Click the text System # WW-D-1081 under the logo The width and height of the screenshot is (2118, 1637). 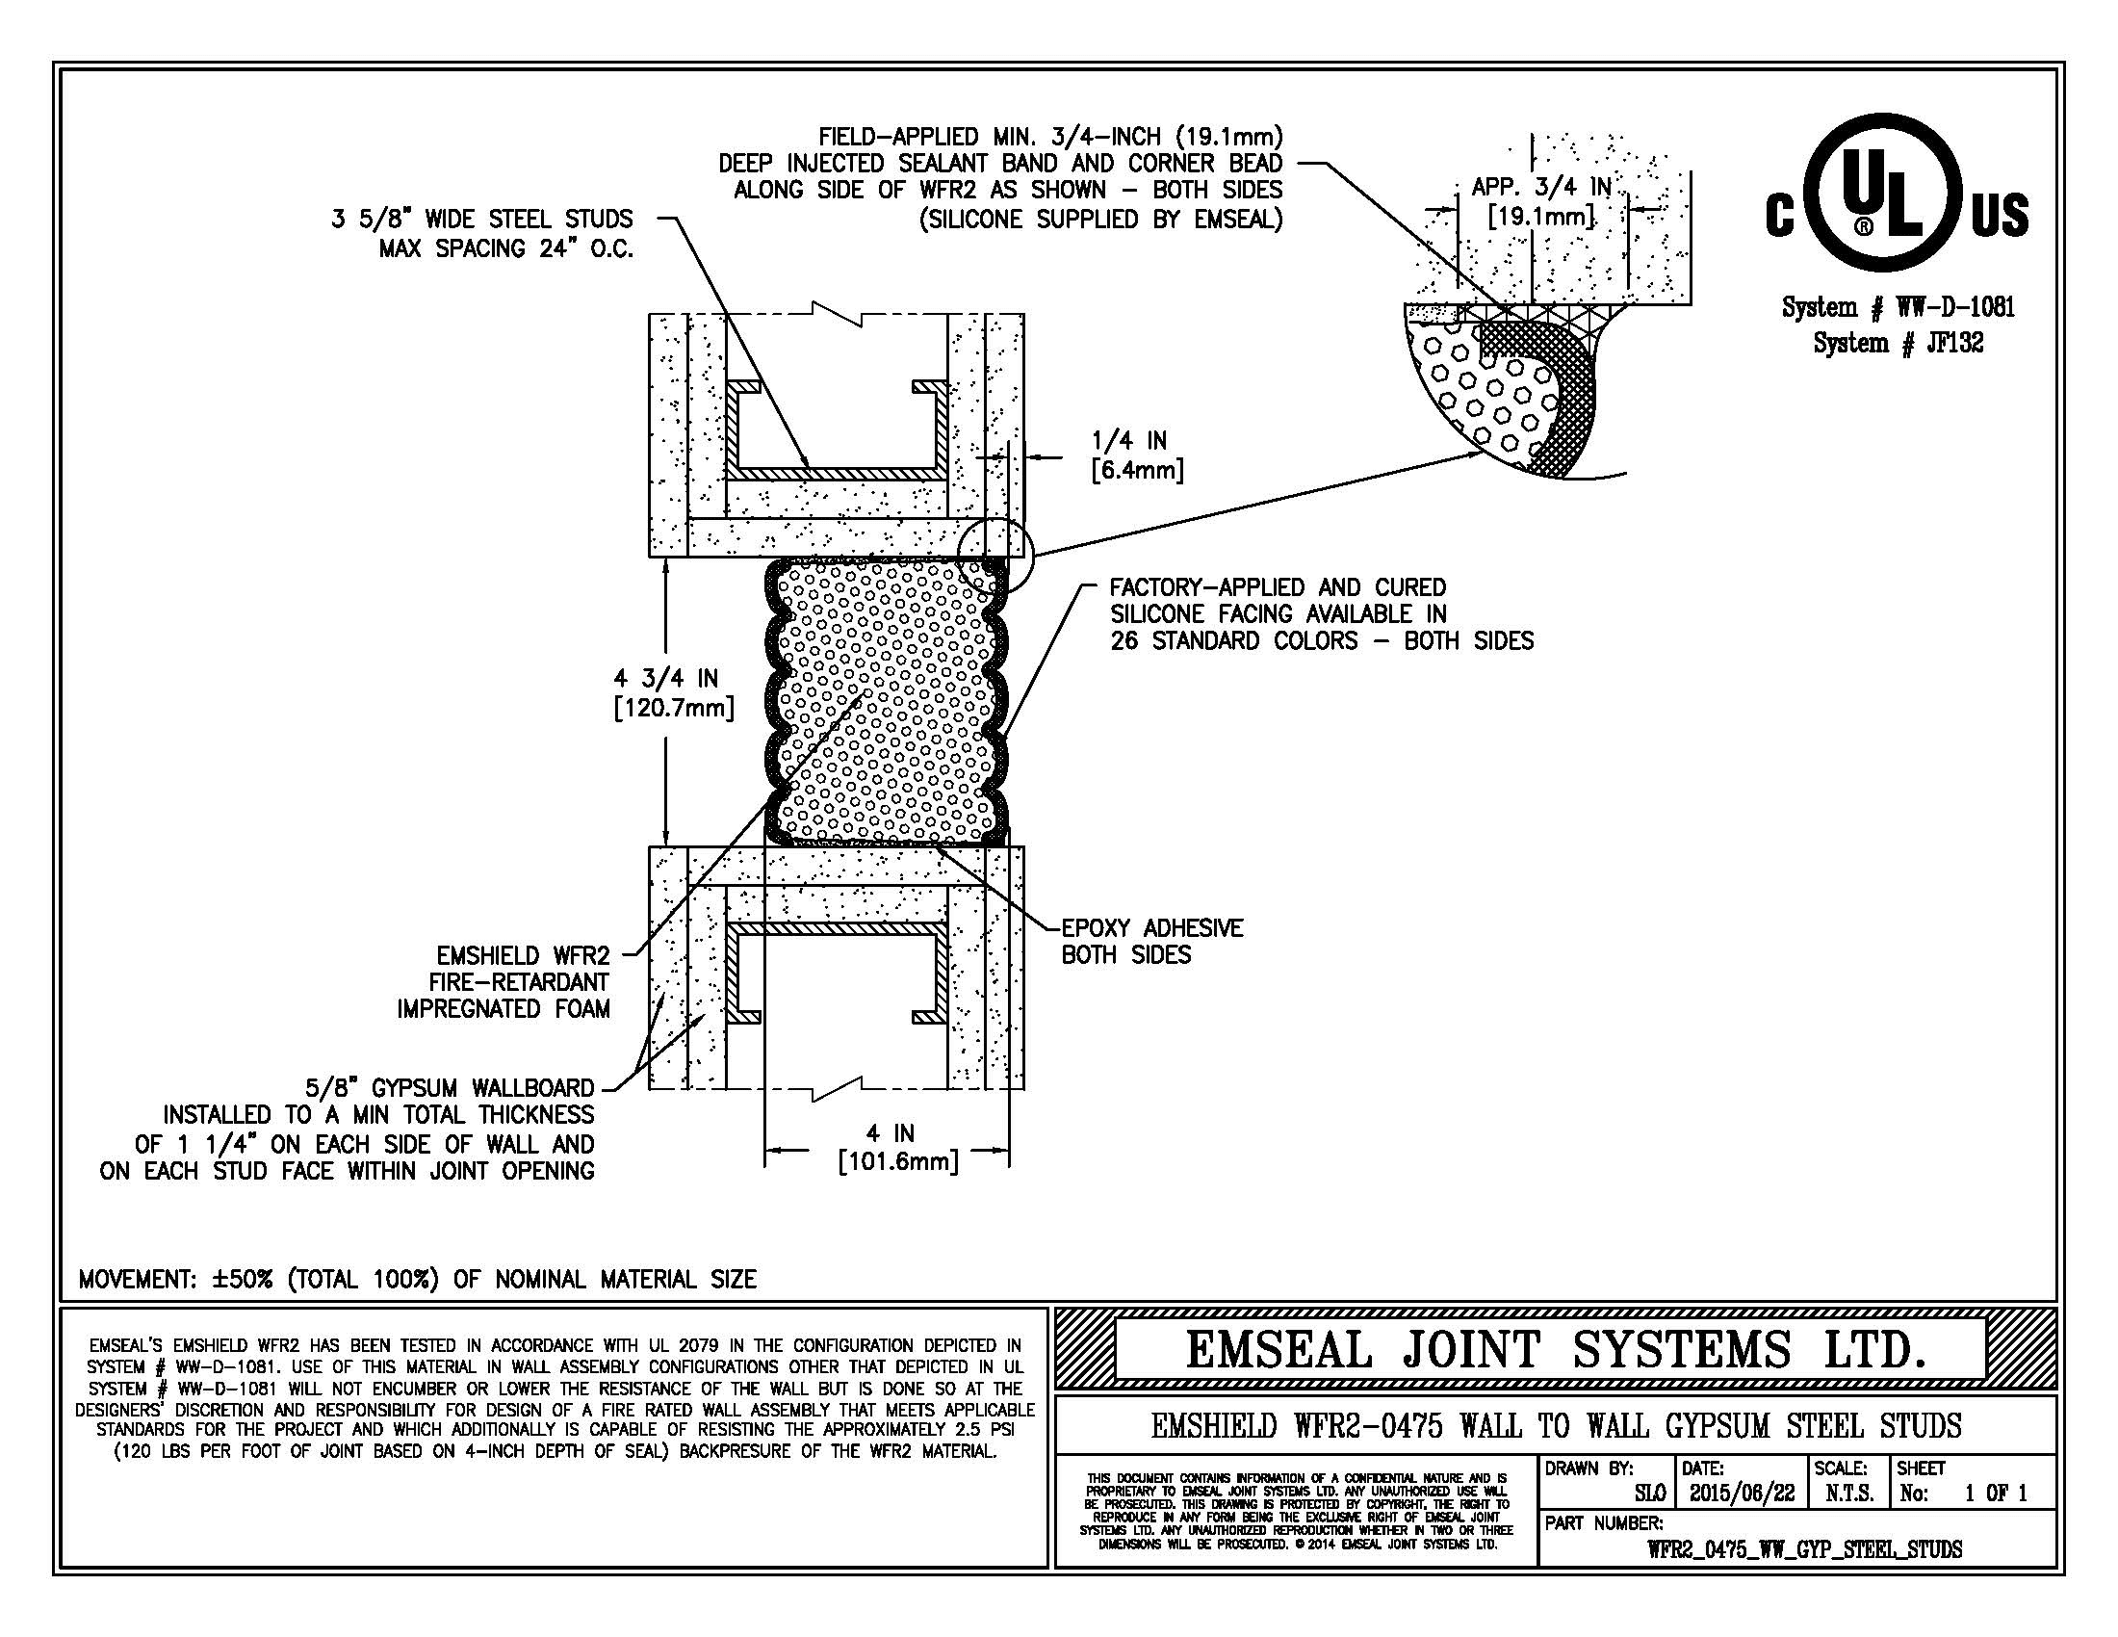coord(1898,307)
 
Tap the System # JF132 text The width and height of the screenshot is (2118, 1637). coord(1898,343)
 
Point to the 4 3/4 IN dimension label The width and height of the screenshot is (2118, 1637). coord(674,692)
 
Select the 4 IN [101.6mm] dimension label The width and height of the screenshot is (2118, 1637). coord(897,1147)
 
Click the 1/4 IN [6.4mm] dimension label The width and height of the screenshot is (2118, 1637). coord(1137,455)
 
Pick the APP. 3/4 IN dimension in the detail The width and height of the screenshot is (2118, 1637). coord(1542,201)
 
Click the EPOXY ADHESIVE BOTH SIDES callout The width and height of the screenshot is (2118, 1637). coord(1152,942)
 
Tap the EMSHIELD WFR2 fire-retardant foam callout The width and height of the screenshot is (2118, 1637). coord(504,982)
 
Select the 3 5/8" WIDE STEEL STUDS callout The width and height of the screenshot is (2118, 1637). coord(482,234)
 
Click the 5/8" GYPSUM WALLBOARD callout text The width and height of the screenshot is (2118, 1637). coord(348,1130)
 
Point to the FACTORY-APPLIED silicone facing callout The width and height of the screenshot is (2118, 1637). coord(1322,614)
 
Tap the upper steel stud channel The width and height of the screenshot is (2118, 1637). coord(838,470)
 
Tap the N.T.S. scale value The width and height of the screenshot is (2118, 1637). coord(1848,1494)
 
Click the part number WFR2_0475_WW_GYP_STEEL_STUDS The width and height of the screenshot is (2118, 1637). coord(1804,1548)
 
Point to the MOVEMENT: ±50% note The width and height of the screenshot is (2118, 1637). coord(417,1279)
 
